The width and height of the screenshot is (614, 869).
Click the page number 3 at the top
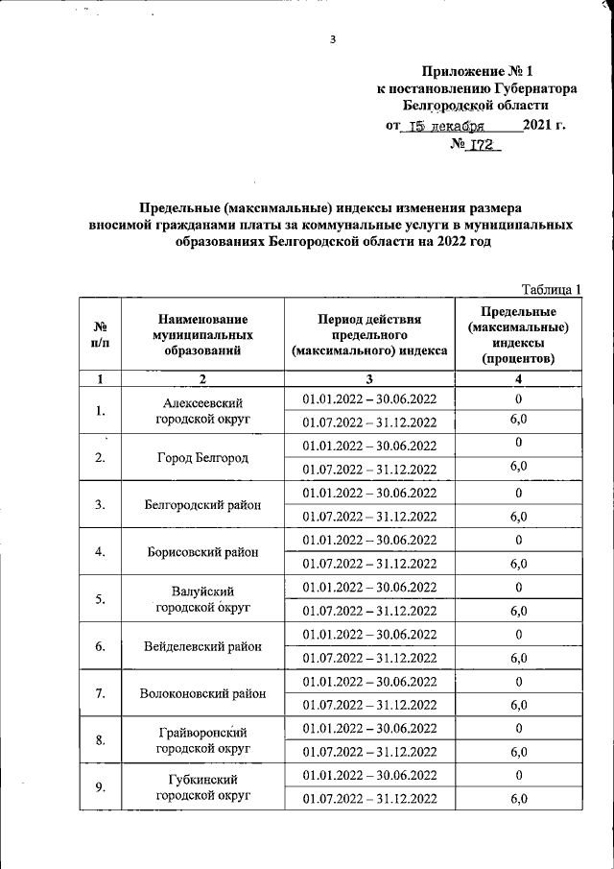pos(332,39)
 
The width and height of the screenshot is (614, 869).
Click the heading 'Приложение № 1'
pos(476,71)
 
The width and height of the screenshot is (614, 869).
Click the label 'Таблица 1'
pos(552,289)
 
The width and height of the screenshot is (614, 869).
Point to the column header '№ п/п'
pos(99,336)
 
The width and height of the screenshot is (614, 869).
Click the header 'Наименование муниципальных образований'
pos(202,336)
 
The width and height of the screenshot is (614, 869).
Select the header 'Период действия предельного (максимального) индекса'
pos(369,336)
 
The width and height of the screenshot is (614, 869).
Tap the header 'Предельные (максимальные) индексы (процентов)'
pos(518,336)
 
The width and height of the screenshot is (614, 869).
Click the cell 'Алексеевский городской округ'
pos(202,411)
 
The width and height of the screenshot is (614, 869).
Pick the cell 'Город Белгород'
pos(202,457)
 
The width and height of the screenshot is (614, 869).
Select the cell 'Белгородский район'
pos(202,504)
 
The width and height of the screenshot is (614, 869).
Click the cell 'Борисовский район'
pos(202,552)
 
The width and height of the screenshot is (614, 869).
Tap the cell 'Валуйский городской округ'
pos(202,599)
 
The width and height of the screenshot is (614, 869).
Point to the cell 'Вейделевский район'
pos(202,646)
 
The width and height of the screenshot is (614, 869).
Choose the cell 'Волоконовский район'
pos(202,693)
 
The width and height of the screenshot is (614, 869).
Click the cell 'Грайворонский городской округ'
pos(202,739)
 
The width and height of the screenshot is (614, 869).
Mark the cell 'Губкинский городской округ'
pos(202,787)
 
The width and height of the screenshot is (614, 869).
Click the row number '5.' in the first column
pos(100,599)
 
